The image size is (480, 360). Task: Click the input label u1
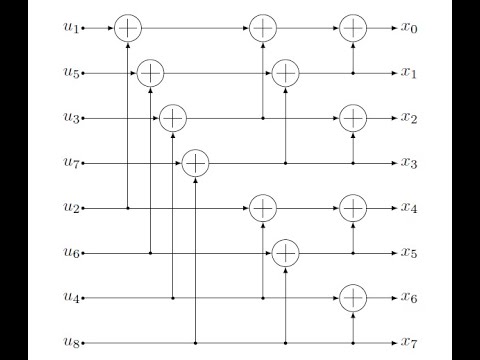click(x=70, y=28)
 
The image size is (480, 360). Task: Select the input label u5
click(x=70, y=73)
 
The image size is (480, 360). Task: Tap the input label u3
click(x=70, y=118)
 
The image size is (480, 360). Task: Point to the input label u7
click(x=70, y=163)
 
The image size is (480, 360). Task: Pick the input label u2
click(x=70, y=208)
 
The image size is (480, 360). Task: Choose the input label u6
click(x=70, y=253)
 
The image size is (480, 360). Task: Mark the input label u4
click(x=70, y=298)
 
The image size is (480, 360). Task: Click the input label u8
click(x=70, y=343)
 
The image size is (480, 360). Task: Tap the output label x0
click(x=409, y=28)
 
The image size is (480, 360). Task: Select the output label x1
click(x=409, y=73)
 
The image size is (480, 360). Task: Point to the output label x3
click(x=409, y=163)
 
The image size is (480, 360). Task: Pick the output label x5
click(x=409, y=253)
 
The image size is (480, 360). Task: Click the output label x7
click(x=409, y=343)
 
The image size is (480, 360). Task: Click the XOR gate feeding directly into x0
click(x=352, y=28)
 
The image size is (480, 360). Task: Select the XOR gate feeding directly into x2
click(x=352, y=118)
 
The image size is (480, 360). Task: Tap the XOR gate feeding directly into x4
click(x=352, y=208)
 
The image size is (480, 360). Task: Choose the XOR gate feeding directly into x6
click(x=352, y=298)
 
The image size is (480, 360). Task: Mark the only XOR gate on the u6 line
click(x=285, y=253)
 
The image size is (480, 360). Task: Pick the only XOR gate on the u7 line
click(x=194, y=163)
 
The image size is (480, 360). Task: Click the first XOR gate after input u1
click(x=127, y=28)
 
